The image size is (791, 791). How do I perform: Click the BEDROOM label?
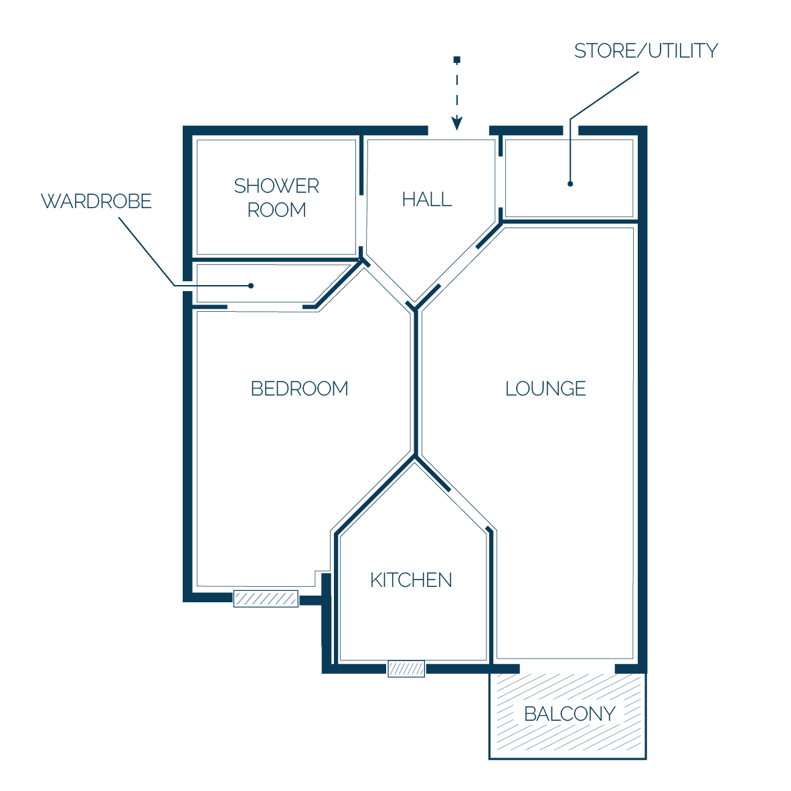pyautogui.click(x=300, y=389)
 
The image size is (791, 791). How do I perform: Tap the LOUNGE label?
pyautogui.click(x=545, y=389)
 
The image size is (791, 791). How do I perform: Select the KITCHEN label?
pyautogui.click(x=411, y=580)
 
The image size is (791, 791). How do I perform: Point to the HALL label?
pyautogui.click(x=427, y=199)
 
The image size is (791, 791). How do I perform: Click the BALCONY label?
pyautogui.click(x=569, y=714)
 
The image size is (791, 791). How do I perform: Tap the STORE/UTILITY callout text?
pyautogui.click(x=646, y=50)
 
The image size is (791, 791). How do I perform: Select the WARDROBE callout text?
pyautogui.click(x=96, y=201)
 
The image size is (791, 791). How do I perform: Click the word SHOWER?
pyautogui.click(x=276, y=186)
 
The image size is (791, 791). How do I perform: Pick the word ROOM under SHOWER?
pyautogui.click(x=276, y=210)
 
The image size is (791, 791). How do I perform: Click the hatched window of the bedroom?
pyautogui.click(x=266, y=599)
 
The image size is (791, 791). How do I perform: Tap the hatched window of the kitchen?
pyautogui.click(x=406, y=669)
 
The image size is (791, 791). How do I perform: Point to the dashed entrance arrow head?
pyautogui.click(x=457, y=124)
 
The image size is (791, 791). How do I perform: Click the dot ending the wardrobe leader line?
pyautogui.click(x=251, y=286)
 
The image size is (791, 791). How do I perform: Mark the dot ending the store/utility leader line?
pyautogui.click(x=570, y=184)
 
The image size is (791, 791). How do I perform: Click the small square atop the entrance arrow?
pyautogui.click(x=457, y=60)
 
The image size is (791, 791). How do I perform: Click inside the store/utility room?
pyautogui.click(x=569, y=178)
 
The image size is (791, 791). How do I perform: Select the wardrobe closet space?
pyautogui.click(x=268, y=284)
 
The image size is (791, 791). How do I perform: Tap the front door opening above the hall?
pyautogui.click(x=458, y=130)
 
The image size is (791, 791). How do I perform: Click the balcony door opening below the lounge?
pyautogui.click(x=567, y=669)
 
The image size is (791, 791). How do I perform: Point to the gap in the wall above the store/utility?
pyautogui.click(x=571, y=130)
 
